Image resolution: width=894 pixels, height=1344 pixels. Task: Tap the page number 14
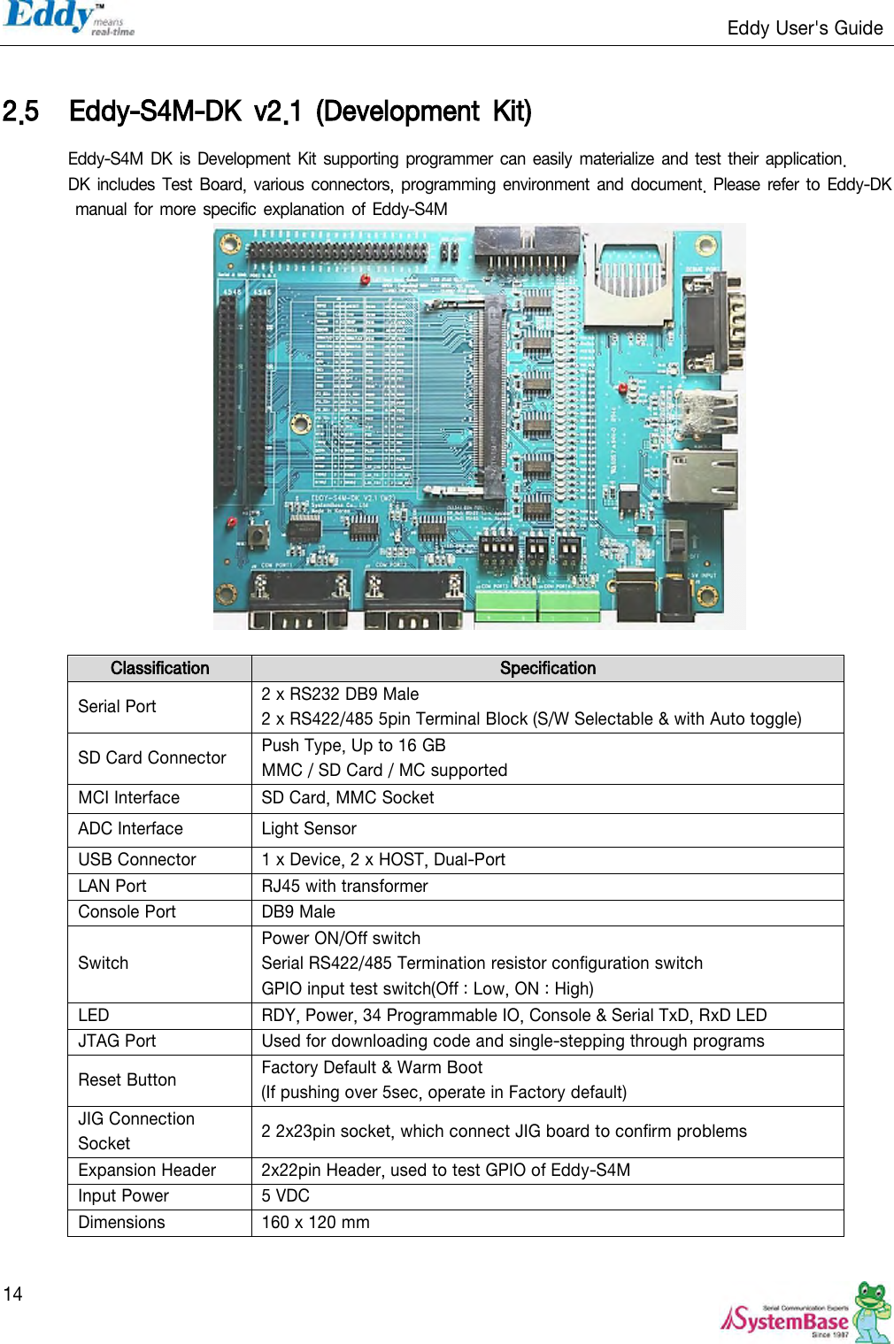12,1294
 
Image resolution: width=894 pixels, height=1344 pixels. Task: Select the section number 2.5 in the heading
20,112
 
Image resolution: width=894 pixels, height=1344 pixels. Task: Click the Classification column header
159,668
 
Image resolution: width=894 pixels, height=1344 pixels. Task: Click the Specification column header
547,668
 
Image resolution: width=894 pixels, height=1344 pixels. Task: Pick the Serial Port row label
117,706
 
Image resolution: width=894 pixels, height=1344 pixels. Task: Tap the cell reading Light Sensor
309,828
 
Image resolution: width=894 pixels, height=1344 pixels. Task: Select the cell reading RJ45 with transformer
344,886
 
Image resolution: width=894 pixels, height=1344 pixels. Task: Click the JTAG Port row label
117,1041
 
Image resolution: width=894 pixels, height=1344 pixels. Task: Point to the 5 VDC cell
285,1195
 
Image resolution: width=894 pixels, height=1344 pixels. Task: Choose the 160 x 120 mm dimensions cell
315,1222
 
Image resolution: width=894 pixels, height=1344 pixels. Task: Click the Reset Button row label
127,1079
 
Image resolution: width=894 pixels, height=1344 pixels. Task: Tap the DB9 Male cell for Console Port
298,911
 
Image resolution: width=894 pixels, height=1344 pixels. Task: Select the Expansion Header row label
147,1170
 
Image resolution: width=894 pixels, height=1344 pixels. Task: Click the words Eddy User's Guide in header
805,28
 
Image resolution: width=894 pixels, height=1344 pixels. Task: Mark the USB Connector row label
137,859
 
